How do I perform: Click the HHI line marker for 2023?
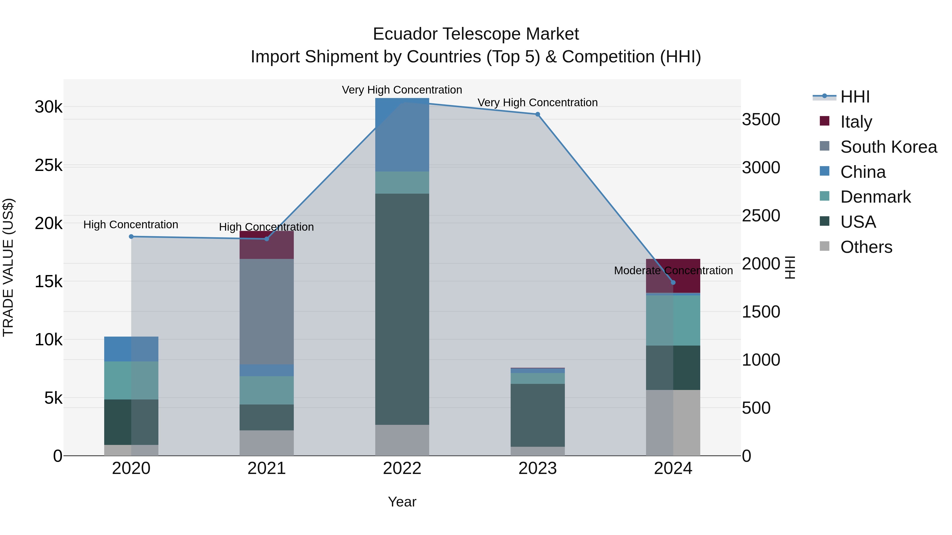pos(538,114)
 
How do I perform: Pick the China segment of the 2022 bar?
pos(402,134)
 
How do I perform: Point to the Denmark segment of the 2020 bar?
pos(131,380)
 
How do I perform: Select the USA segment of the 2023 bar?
pos(538,415)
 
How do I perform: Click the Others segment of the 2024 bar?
pos(673,422)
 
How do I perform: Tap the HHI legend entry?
pos(854,97)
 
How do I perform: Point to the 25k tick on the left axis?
pos(48,165)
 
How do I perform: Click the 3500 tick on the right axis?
pos(761,120)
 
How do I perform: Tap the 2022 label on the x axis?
pos(402,468)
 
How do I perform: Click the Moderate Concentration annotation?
pos(673,271)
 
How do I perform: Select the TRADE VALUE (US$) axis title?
pos(8,267)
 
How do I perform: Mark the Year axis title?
pos(402,502)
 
